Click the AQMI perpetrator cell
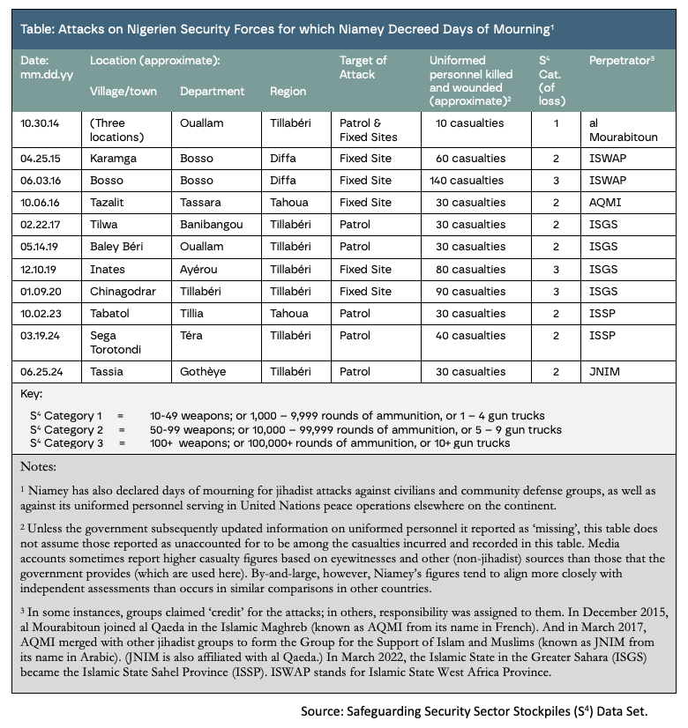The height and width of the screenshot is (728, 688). pos(605,203)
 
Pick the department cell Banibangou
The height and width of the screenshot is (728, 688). pos(213,225)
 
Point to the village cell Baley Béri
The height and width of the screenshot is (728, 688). pos(118,247)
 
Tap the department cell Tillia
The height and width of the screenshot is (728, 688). pos(194,313)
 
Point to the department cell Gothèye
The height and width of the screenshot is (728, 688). pos(203,371)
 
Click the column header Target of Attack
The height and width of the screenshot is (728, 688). pos(363,67)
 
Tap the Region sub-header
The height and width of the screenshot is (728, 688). pos(288,91)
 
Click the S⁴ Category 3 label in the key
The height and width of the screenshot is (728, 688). pos(68,443)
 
